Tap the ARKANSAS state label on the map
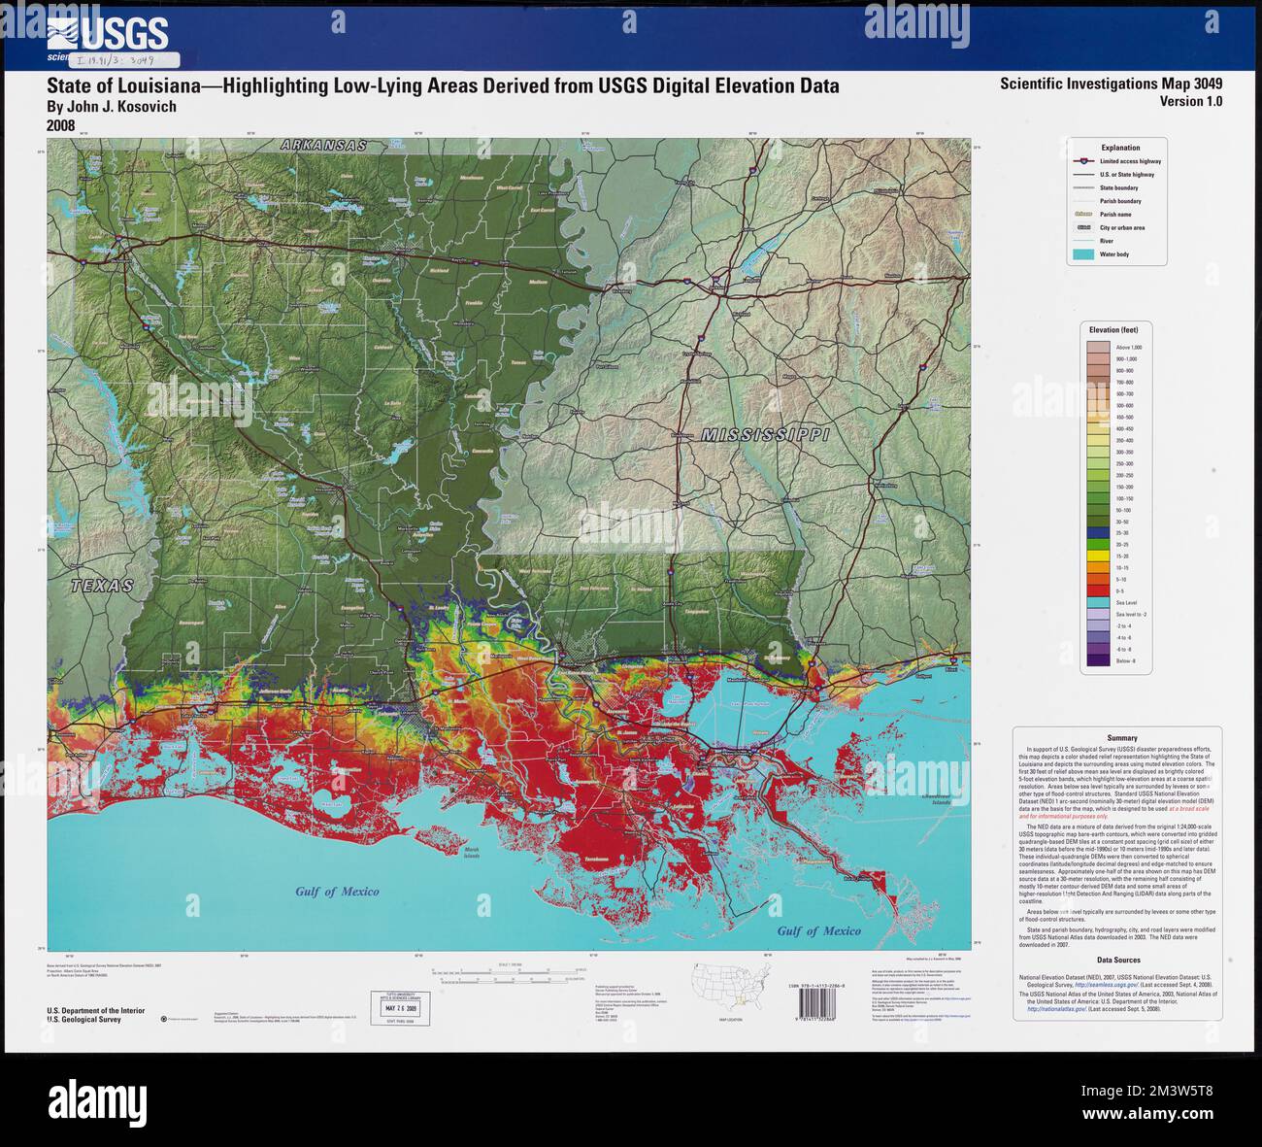(x=323, y=145)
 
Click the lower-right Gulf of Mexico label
(x=818, y=930)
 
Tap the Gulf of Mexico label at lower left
(x=337, y=892)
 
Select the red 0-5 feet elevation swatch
(x=1098, y=590)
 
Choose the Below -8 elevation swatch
(x=1098, y=660)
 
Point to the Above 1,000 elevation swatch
(x=1098, y=347)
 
